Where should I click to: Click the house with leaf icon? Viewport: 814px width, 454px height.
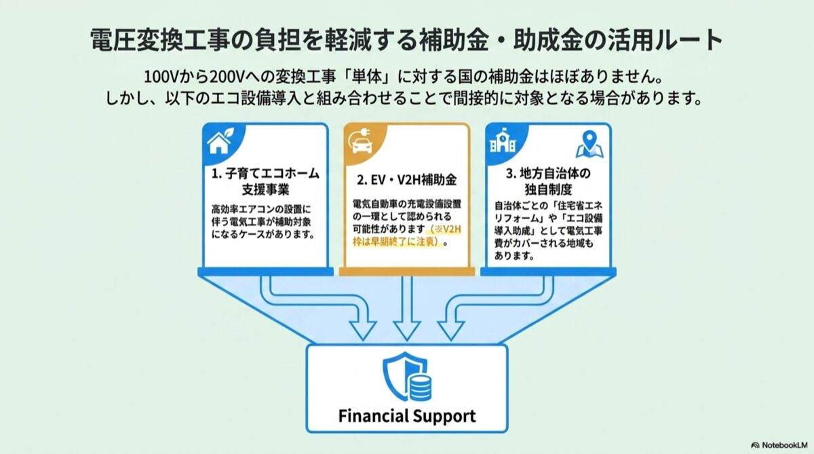220,141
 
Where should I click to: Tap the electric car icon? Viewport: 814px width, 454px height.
361,142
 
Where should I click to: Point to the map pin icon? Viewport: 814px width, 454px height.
589,145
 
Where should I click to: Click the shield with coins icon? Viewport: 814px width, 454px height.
407,377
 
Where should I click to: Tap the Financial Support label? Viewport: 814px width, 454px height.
407,416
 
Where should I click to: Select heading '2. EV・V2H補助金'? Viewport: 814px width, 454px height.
406,180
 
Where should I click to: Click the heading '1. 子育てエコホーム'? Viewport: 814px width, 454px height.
265,173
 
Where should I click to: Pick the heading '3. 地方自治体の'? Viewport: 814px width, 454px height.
548,173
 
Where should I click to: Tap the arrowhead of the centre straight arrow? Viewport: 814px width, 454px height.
407,330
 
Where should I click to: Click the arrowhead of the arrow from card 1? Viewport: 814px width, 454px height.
363,330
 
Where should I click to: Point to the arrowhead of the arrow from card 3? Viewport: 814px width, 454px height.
451,330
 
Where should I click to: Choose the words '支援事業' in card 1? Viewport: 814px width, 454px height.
265,190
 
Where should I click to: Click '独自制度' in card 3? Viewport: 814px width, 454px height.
548,189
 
